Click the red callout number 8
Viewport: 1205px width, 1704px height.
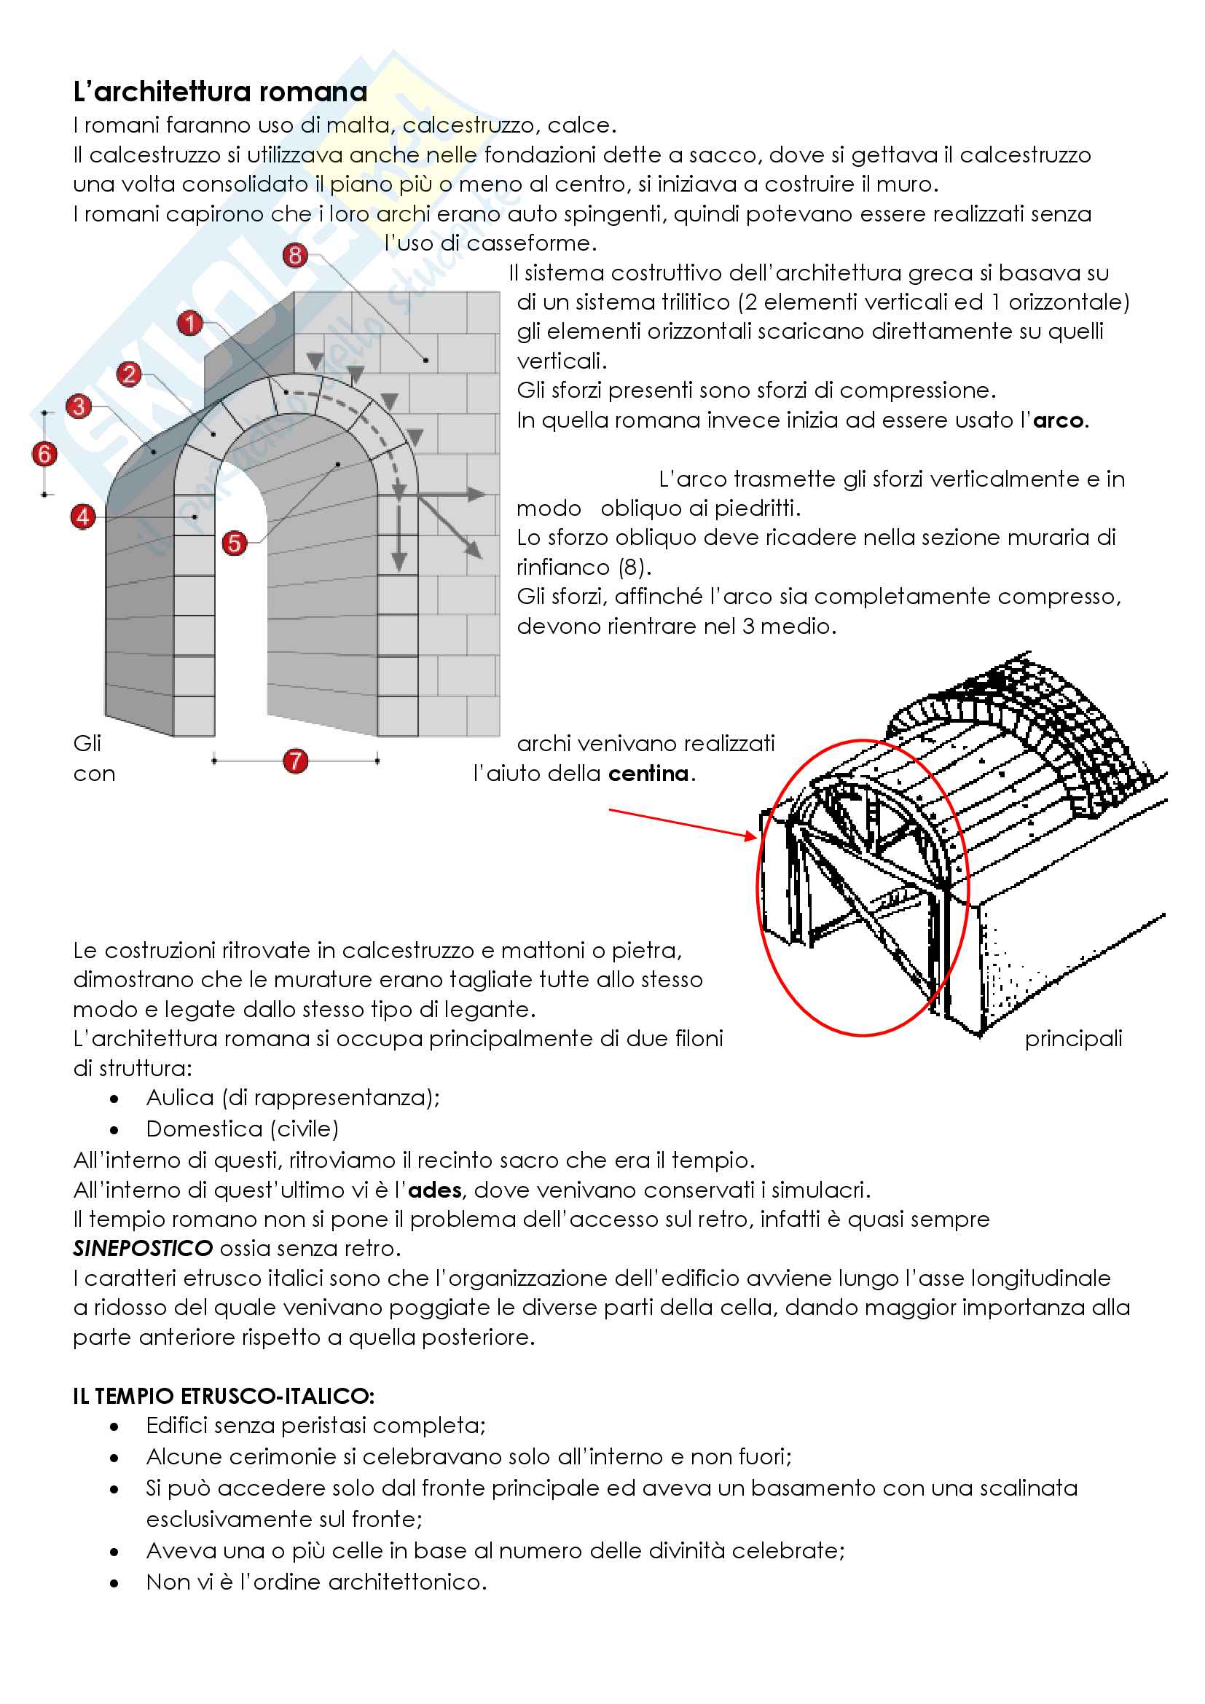[x=295, y=255]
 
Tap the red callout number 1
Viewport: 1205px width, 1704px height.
[x=190, y=323]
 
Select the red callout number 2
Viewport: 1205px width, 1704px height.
[x=130, y=373]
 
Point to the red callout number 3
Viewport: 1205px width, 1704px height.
[x=79, y=406]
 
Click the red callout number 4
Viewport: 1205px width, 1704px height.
[x=82, y=517]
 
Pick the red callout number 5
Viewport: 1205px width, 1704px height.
[x=235, y=543]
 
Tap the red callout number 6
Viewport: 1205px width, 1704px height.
[x=44, y=453]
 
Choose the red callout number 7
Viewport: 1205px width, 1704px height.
[x=295, y=761]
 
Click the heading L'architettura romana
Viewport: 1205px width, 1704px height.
[x=220, y=92]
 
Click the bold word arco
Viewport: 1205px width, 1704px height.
[x=1058, y=421]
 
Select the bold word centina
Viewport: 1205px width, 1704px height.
[x=648, y=774]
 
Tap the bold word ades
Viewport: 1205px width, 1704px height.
[x=435, y=1190]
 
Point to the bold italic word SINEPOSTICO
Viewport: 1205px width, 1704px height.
[x=144, y=1249]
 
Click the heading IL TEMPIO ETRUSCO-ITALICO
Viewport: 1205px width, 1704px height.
[x=224, y=1396]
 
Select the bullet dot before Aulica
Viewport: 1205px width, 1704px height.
[x=114, y=1099]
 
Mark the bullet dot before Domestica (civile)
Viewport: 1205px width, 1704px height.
[x=114, y=1131]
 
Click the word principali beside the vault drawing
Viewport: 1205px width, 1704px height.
[x=1073, y=1039]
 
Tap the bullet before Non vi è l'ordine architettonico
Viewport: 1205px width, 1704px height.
[x=114, y=1583]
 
